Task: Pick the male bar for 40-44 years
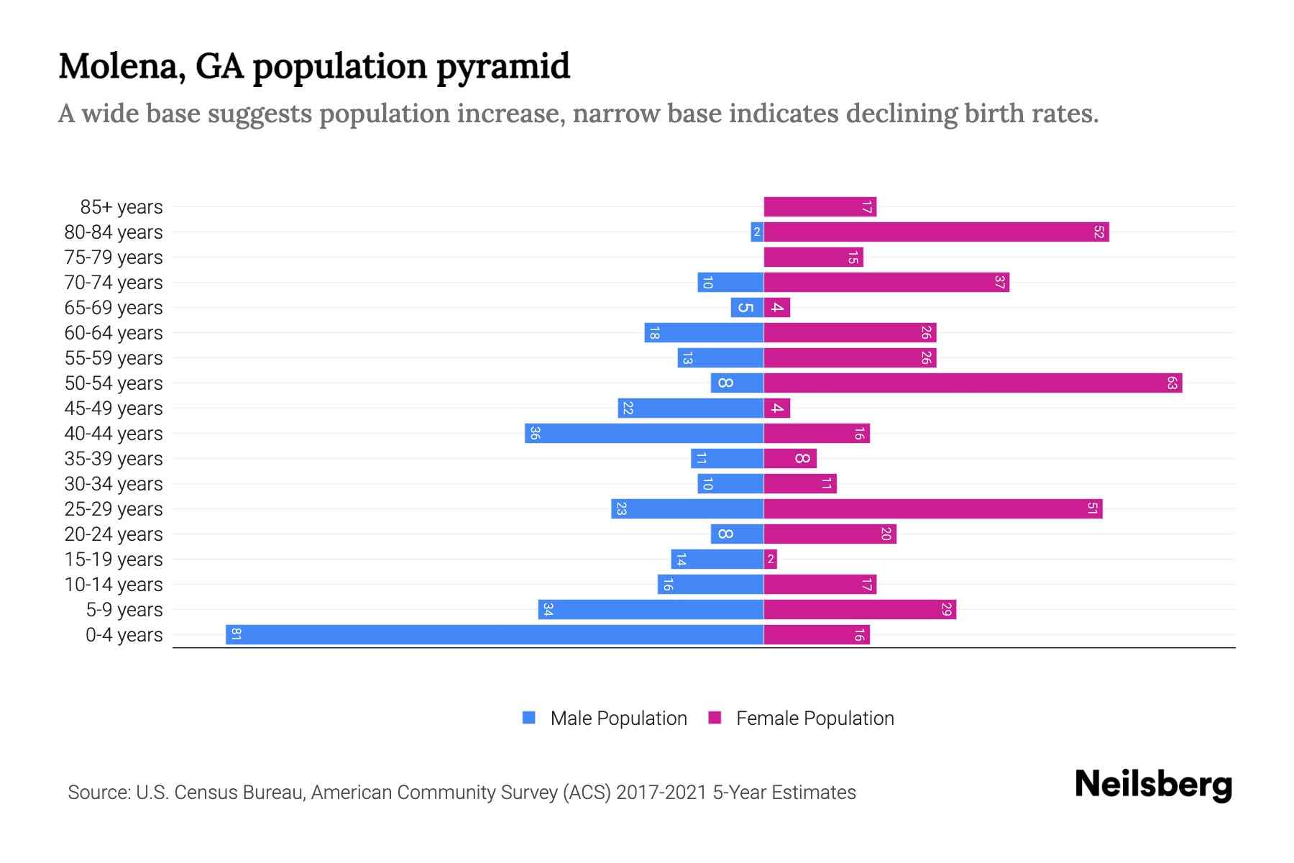[644, 434]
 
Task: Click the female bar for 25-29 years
[933, 509]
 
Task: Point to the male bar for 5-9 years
[651, 610]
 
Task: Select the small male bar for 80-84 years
[757, 232]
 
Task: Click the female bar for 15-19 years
[771, 560]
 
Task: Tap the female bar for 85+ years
[820, 207]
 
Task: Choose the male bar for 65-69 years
[747, 308]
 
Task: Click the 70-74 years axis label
[114, 283]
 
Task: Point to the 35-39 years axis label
[114, 459]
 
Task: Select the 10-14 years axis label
[114, 585]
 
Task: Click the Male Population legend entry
[618, 718]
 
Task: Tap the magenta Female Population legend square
[715, 718]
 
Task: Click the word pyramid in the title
[503, 67]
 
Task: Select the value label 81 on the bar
[236, 635]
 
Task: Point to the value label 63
[1172, 383]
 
